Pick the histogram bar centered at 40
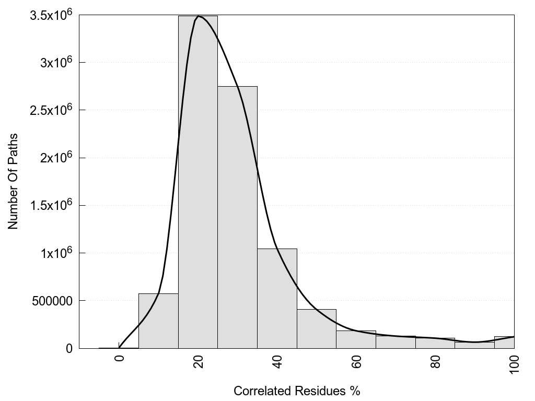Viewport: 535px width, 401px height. [277, 298]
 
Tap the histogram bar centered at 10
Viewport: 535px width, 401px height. [158, 321]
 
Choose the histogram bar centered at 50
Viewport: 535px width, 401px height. [317, 328]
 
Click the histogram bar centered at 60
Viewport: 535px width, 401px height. [356, 339]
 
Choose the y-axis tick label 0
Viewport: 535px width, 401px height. [68, 348]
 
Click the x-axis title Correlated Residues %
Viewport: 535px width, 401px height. [297, 391]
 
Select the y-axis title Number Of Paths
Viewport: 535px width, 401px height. [13, 181]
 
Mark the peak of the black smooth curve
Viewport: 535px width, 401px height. [198, 16]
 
